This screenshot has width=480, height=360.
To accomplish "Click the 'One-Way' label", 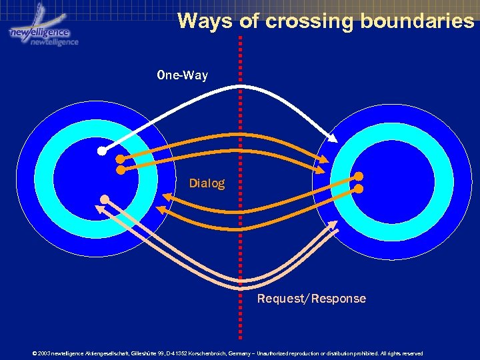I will point(182,75).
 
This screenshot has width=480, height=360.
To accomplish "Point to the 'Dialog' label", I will point(207,183).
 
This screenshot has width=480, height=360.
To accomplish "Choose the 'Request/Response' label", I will point(311,299).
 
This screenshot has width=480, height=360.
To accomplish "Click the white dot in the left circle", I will point(101,151).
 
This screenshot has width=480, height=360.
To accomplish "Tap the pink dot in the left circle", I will point(105,199).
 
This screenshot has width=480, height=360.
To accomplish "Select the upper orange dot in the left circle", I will point(120,159).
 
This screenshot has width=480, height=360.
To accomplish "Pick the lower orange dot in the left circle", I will point(120,170).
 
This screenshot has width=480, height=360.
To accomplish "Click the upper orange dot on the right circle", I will point(359,177).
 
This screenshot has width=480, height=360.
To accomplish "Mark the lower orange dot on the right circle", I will point(359,189).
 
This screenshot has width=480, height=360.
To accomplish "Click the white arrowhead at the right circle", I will point(334,138).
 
